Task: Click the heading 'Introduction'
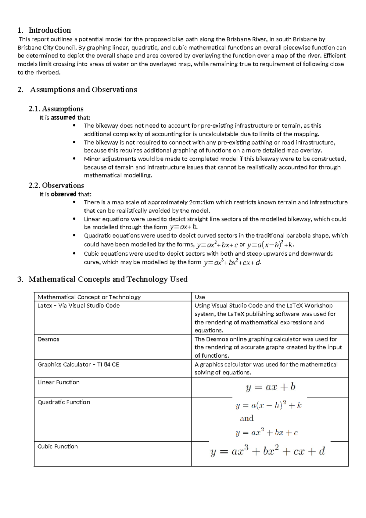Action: [49, 30]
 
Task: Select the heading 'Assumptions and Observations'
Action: [83, 90]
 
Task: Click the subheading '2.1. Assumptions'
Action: [56, 109]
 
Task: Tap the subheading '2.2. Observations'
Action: [56, 186]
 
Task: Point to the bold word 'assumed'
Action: [63, 118]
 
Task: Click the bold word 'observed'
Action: [63, 194]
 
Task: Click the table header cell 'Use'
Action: [200, 297]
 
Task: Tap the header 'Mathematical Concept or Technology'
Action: [89, 297]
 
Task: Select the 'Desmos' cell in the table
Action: [48, 339]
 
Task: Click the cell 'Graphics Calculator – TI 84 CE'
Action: [78, 365]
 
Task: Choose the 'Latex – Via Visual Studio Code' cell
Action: [79, 306]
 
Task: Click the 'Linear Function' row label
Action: [59, 382]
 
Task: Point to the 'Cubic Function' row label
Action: [58, 447]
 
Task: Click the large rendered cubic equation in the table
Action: [268, 451]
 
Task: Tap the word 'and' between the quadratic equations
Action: [247, 418]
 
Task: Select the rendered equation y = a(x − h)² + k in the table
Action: [268, 406]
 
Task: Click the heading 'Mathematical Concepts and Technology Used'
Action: [108, 279]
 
